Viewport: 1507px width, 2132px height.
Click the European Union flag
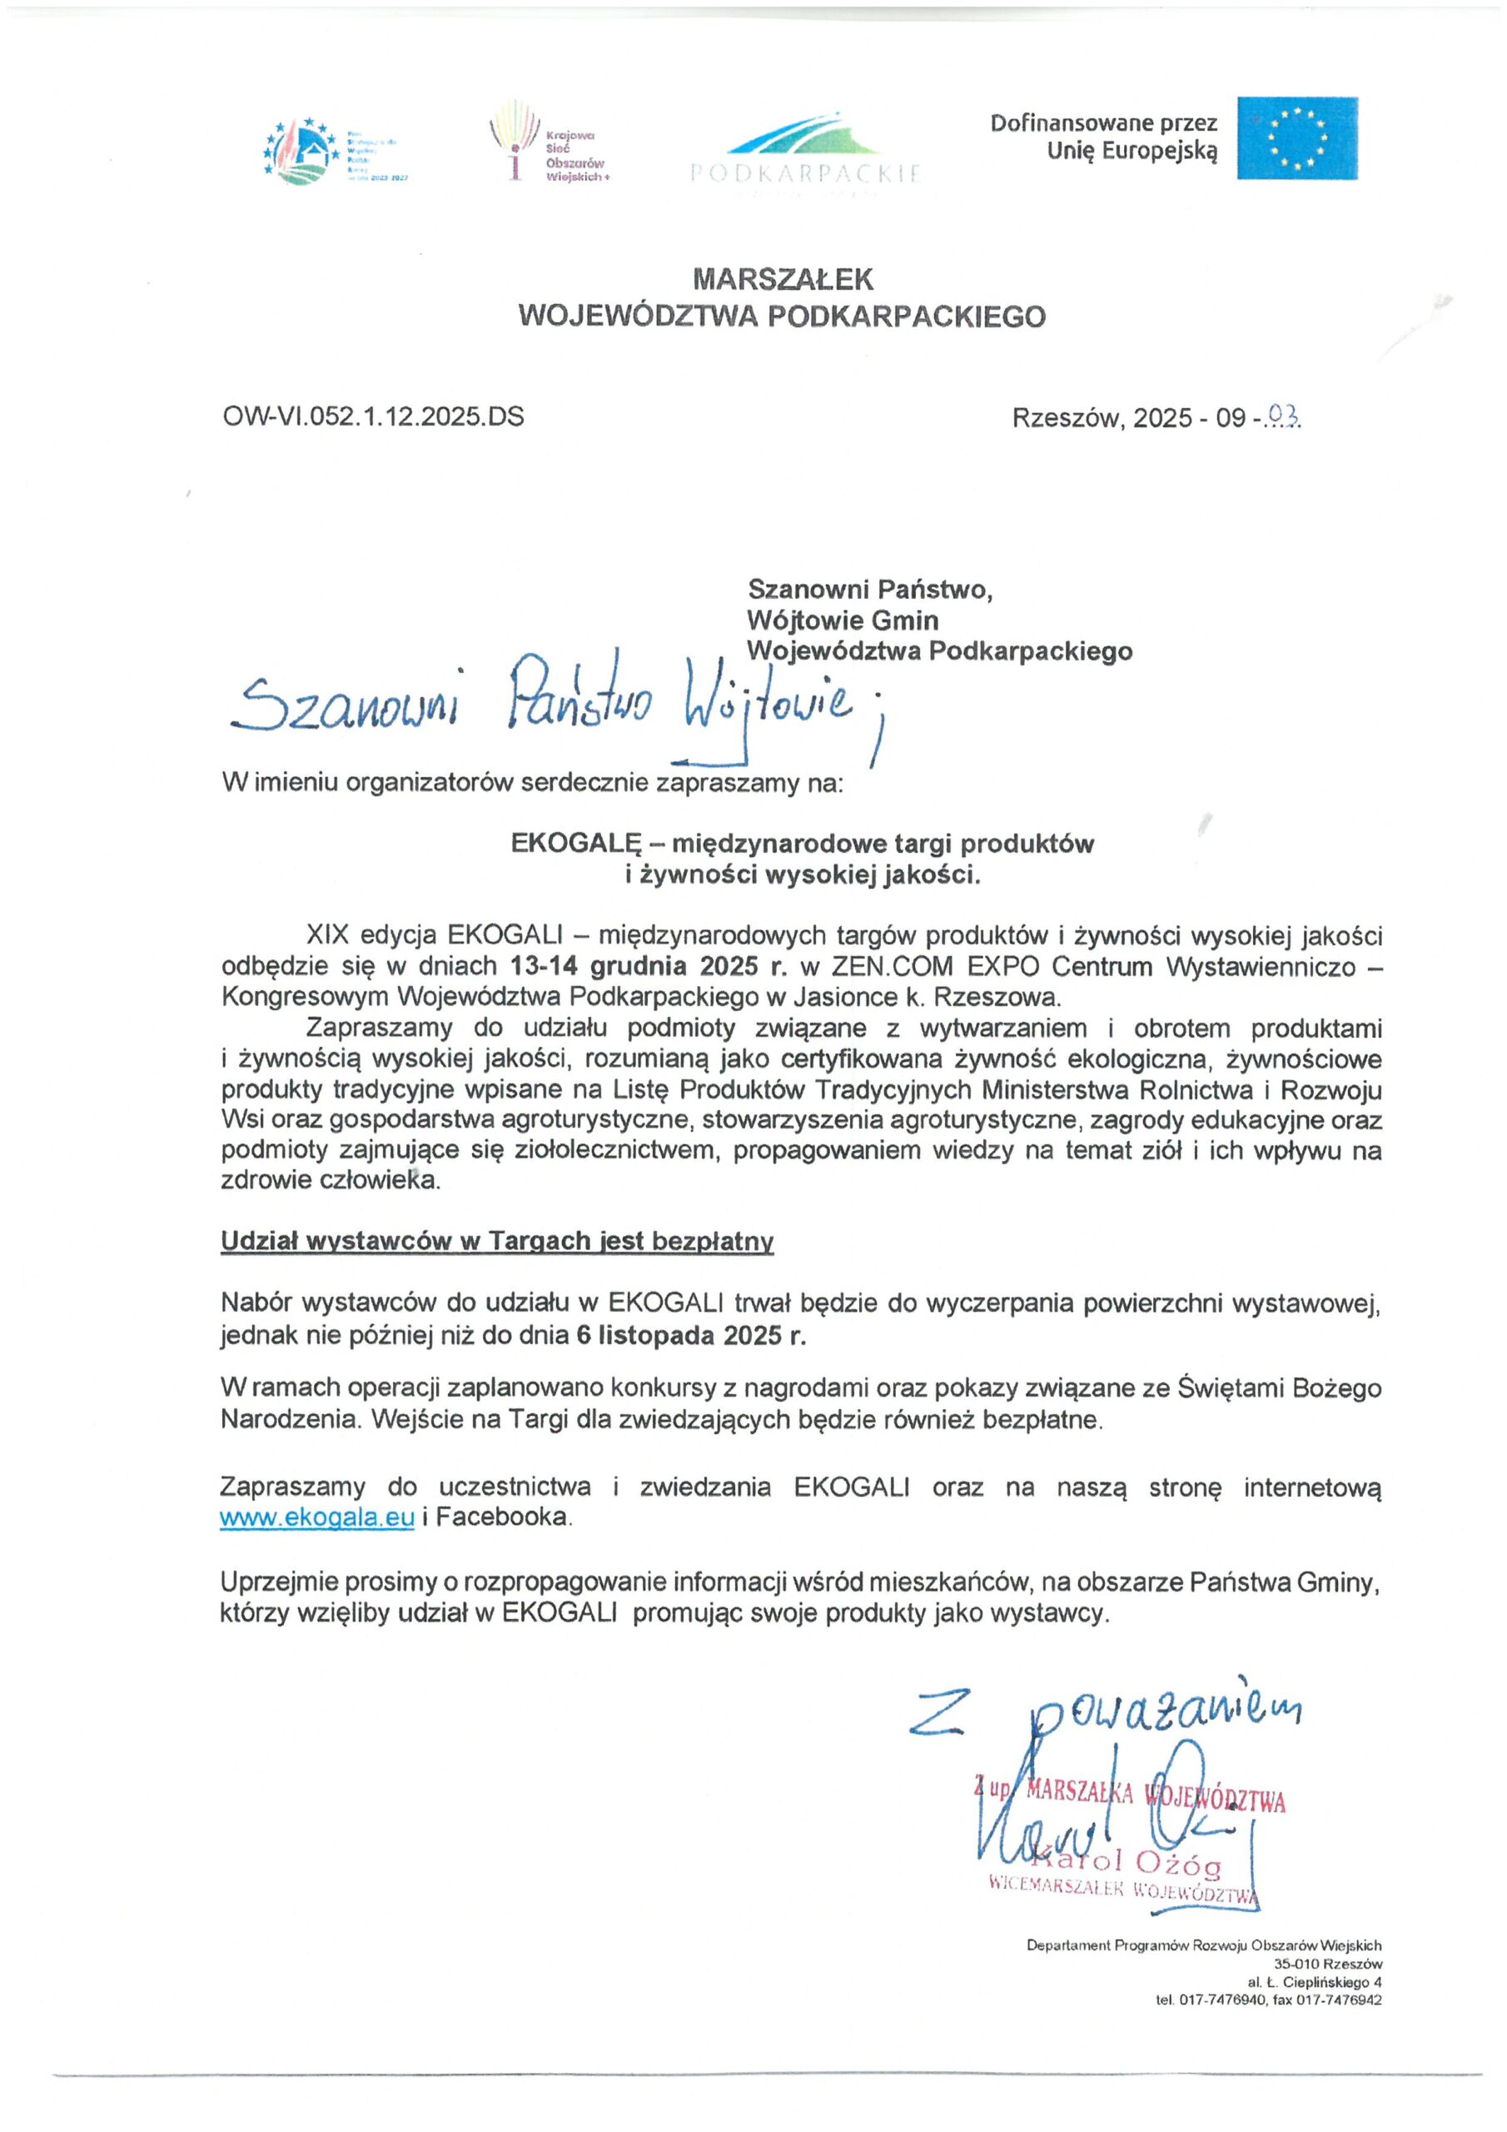coord(1296,138)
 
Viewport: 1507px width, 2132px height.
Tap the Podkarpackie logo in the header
coord(805,148)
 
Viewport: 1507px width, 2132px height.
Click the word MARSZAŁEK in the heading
coord(782,278)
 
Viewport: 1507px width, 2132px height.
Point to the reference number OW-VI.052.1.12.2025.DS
coord(373,416)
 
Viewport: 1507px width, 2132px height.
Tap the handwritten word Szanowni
coord(346,708)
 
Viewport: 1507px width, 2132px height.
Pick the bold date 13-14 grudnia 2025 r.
coord(648,966)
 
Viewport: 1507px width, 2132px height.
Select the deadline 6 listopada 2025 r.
coord(691,1335)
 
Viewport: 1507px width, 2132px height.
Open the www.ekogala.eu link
coord(316,1517)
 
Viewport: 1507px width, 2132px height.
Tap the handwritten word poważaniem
coord(1166,1711)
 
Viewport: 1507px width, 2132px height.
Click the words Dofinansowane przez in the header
coord(1103,123)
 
